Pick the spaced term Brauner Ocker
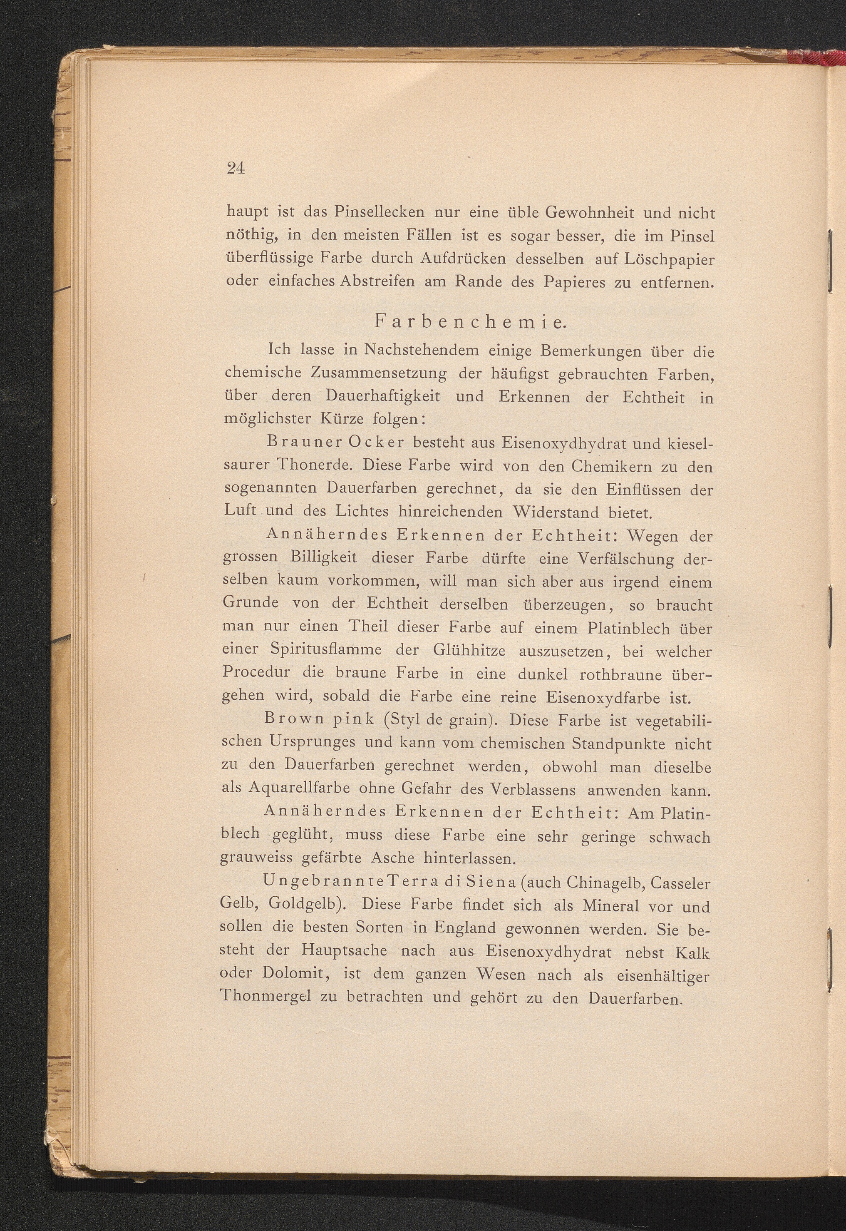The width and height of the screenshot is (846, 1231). [x=336, y=442]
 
